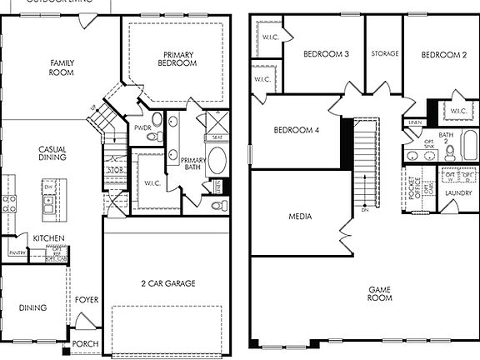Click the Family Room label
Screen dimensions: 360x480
coord(62,67)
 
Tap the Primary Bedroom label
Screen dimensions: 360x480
coord(179,58)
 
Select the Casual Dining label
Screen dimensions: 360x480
coord(52,153)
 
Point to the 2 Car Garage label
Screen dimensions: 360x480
coord(168,283)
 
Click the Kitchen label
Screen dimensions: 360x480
coord(49,238)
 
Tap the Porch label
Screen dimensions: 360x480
coord(85,343)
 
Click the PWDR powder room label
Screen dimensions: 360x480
coord(142,127)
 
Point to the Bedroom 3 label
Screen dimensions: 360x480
coord(325,55)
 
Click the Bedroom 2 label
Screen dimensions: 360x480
coord(442,55)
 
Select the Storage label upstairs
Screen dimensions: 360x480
coord(384,55)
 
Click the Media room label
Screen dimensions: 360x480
coord(300,217)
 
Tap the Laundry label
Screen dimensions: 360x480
coord(457,193)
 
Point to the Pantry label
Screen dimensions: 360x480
coord(16,252)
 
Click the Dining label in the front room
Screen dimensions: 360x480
coord(33,307)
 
